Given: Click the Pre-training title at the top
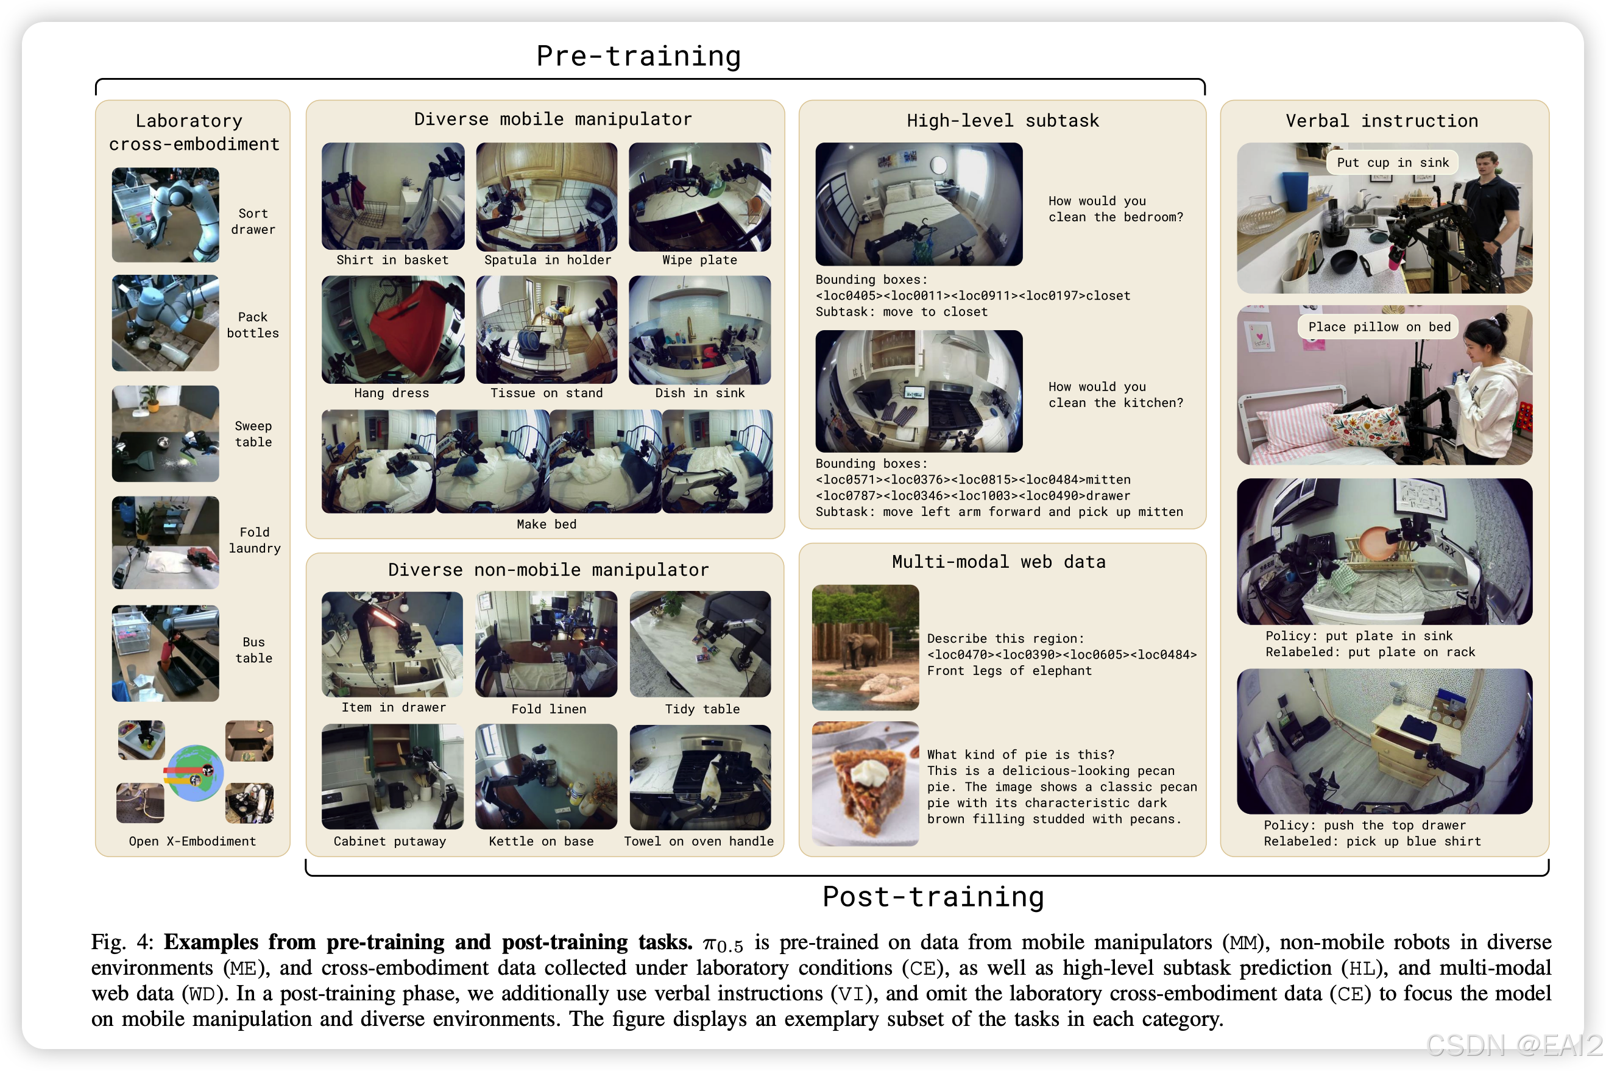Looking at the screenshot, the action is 638,56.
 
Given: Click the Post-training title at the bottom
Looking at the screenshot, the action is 933,897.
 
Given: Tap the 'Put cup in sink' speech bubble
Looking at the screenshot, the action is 1392,163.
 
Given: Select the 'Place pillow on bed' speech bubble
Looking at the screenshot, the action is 1379,327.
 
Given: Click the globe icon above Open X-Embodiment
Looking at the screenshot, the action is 196,773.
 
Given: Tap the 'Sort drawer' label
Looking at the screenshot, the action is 253,221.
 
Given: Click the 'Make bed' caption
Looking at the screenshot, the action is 547,524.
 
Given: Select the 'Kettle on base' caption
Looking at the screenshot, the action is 541,841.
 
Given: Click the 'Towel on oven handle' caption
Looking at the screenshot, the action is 699,841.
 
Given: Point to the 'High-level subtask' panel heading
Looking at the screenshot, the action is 1003,121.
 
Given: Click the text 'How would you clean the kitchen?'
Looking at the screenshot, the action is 1116,395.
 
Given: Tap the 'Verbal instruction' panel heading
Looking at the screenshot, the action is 1382,121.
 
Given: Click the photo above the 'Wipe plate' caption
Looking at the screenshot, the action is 699,197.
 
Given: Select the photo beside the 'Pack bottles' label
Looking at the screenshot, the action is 165,323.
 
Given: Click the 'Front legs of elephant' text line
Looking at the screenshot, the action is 1009,671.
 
